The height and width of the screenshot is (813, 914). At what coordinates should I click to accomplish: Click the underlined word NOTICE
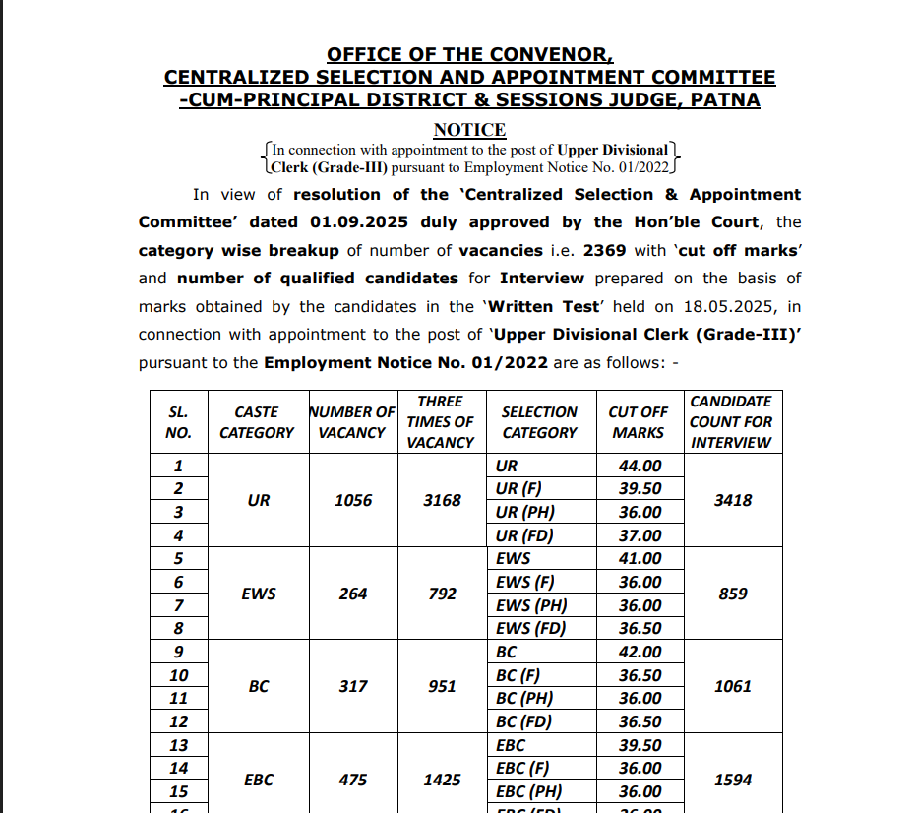click(469, 130)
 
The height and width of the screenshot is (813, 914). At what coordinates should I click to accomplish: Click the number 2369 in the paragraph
click(604, 250)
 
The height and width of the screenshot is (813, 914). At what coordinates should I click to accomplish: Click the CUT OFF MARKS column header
click(639, 422)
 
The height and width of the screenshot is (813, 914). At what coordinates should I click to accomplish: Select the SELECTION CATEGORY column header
click(539, 422)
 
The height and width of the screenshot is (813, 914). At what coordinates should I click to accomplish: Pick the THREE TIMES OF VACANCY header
click(441, 422)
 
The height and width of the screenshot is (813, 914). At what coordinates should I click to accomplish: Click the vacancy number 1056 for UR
click(353, 500)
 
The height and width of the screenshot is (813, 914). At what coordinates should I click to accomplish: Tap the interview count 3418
click(733, 500)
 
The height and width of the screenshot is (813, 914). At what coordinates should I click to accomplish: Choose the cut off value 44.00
click(640, 466)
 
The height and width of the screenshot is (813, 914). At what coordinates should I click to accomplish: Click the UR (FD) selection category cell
click(525, 535)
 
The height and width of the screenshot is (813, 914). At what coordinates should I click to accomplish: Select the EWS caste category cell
click(259, 594)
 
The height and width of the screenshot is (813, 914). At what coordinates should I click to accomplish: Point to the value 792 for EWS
click(443, 594)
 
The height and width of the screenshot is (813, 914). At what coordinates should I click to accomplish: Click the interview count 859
click(733, 594)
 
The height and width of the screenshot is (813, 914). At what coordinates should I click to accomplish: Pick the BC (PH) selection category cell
click(524, 698)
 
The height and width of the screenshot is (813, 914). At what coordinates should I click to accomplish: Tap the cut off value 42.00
click(640, 652)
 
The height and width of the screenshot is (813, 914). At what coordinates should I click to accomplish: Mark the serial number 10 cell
click(179, 675)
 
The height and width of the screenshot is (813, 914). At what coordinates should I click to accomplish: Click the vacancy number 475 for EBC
click(353, 780)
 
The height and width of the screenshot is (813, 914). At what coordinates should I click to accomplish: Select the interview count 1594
click(733, 780)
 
